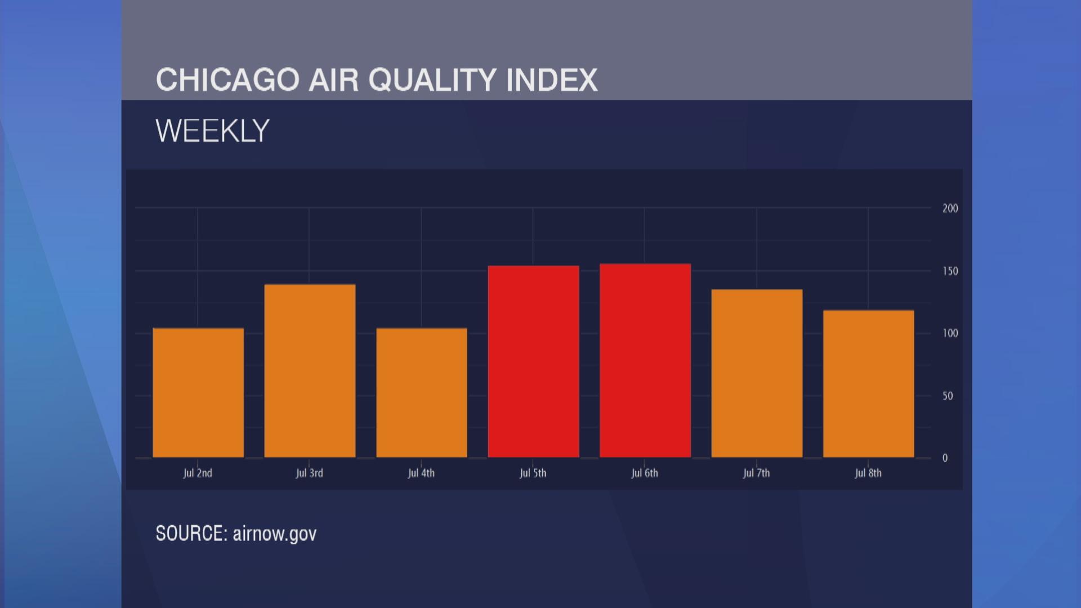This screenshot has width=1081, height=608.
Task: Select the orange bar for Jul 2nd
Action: [x=198, y=392]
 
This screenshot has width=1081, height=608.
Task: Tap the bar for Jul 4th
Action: [x=422, y=392]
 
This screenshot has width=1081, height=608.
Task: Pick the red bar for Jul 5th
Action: [x=533, y=361]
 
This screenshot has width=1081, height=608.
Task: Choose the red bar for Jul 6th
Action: [x=645, y=360]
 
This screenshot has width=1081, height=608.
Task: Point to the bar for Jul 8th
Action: [x=868, y=383]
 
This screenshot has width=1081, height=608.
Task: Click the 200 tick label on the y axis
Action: [x=950, y=208]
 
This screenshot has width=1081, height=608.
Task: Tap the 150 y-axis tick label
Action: [x=950, y=271]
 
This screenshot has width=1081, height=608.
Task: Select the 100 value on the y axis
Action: [x=950, y=333]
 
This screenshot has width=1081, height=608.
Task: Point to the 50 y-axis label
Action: [x=948, y=396]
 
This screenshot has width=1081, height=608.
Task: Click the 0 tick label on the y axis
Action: [x=945, y=458]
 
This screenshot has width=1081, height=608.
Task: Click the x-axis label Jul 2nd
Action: [x=198, y=473]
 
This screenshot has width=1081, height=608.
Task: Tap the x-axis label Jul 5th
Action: [x=533, y=473]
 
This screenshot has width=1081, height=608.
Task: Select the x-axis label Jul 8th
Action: [x=868, y=473]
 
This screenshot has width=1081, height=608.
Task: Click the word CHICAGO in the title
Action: [x=227, y=80]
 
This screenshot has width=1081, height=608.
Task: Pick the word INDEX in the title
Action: [x=551, y=80]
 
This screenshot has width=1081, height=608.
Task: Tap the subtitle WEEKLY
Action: [x=212, y=131]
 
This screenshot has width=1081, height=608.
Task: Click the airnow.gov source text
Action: [x=275, y=533]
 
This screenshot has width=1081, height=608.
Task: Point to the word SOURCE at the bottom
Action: [x=191, y=533]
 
